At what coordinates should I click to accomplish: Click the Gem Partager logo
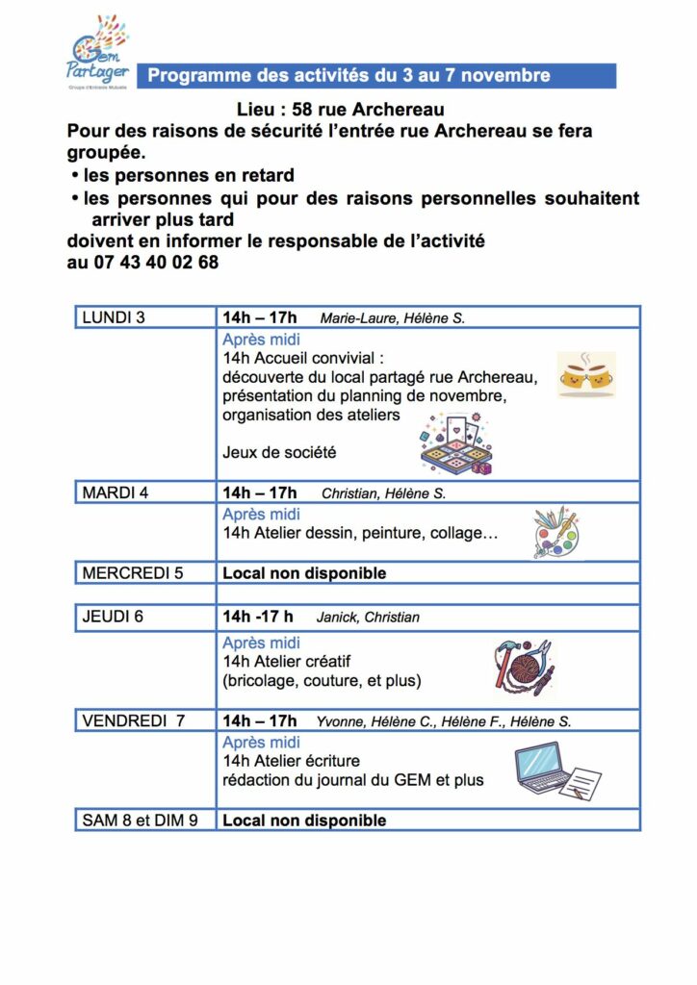coord(100,53)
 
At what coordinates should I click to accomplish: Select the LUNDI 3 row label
coord(115,317)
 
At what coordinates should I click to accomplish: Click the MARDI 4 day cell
coord(116,493)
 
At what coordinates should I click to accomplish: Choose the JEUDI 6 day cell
coord(114,617)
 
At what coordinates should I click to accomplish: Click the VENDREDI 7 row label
coord(134,720)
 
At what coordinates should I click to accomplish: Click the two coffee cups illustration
coord(586,375)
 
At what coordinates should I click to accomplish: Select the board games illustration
coord(455,442)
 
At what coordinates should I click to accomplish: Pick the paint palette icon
coord(557,533)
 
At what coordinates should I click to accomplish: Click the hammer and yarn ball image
coord(523,666)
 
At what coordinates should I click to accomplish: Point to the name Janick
coord(336,618)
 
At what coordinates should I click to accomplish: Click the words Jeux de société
coord(279,451)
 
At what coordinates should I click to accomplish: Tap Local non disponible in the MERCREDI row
coord(304,573)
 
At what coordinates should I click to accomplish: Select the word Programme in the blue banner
coord(194,75)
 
